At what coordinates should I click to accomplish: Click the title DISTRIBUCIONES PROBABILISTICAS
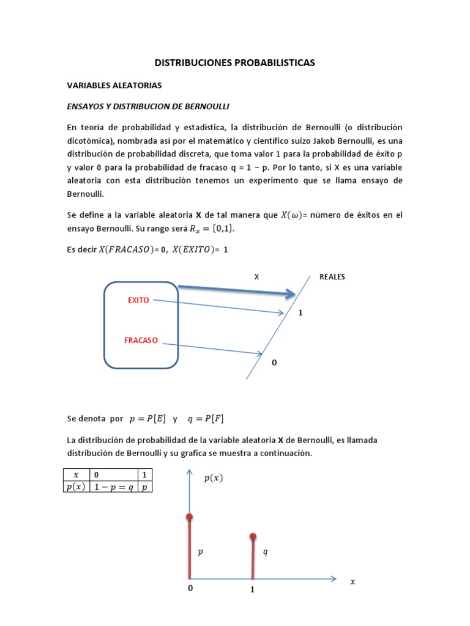tap(234, 62)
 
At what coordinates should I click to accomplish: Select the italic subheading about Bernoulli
tap(147, 106)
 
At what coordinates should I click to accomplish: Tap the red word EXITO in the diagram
tap(138, 300)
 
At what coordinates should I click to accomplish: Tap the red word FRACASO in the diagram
tap(141, 340)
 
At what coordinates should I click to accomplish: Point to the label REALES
tap(332, 276)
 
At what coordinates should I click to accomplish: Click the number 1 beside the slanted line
tap(300, 312)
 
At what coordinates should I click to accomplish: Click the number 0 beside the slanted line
tap(274, 363)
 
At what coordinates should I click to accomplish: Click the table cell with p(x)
tap(76, 487)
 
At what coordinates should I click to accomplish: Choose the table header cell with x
tap(76, 474)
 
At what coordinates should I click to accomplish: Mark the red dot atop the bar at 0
tap(189, 517)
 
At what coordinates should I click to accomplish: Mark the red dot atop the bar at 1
tap(253, 537)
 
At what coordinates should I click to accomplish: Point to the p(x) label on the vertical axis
tap(214, 479)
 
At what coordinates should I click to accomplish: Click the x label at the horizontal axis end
tap(352, 582)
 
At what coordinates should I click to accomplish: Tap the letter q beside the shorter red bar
tap(265, 552)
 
